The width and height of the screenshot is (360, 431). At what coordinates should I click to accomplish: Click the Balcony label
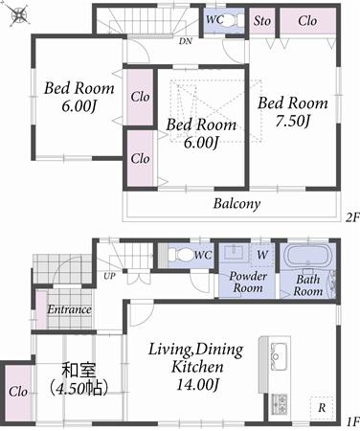coord(236,204)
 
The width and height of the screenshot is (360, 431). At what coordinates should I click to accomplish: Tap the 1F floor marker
coord(351,420)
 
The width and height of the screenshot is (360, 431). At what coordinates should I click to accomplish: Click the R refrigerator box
coord(323,407)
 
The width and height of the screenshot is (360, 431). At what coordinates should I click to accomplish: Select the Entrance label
coord(69,309)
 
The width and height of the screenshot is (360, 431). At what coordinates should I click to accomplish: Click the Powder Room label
coord(247,282)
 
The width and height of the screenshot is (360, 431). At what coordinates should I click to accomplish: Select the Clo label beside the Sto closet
coord(307,21)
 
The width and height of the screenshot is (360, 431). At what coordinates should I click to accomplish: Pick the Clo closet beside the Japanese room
coord(17,391)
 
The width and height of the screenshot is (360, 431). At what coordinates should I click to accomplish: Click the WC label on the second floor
coord(214,19)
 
